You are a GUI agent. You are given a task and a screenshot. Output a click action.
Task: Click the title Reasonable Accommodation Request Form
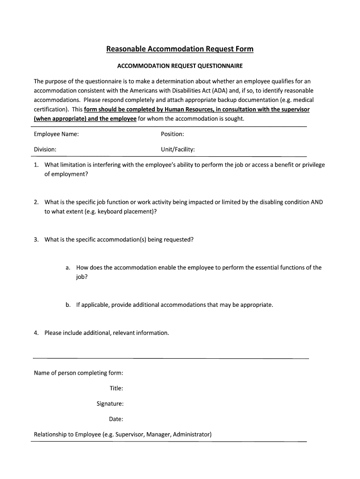[180, 49]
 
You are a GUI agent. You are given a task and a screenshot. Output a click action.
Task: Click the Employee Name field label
[56, 134]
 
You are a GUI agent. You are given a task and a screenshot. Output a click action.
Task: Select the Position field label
[172, 134]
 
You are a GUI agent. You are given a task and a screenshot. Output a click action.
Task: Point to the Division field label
[45, 149]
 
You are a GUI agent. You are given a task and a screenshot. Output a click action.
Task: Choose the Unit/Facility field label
[178, 149]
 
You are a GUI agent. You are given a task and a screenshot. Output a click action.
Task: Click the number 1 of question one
[36, 165]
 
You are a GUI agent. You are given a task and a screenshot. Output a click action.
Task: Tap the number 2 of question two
[36, 202]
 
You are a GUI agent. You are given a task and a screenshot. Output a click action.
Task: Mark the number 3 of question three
[36, 239]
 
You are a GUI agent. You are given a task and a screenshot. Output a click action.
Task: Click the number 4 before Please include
[36, 333]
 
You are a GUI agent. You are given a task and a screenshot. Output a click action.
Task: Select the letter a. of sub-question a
[68, 268]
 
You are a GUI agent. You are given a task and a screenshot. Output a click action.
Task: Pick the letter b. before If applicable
[68, 305]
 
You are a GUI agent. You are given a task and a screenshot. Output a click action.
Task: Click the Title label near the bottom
[116, 388]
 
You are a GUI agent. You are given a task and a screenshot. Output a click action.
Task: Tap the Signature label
[110, 404]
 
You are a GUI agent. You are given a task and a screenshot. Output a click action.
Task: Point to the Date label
[116, 419]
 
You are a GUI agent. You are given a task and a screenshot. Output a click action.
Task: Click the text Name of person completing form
[79, 373]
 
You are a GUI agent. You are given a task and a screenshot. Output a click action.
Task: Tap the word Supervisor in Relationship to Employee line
[129, 435]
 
